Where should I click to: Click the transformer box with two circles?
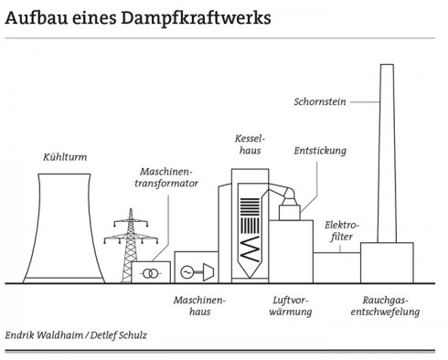pos(150,272)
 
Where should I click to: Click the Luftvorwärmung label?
pos(293,305)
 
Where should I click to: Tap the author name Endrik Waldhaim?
pos(45,335)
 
